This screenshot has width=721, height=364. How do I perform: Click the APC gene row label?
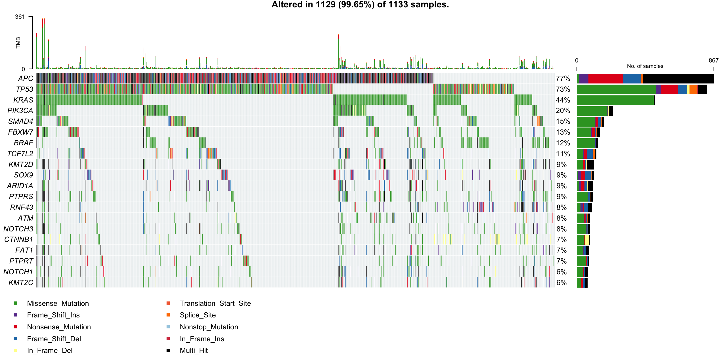pos(26,79)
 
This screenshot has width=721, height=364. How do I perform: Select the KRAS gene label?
pos(23,100)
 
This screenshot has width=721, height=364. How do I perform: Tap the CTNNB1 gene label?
pos(19,240)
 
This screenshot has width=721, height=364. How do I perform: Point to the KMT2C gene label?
pos(21,283)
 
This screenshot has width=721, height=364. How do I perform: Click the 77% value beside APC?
pos(563,79)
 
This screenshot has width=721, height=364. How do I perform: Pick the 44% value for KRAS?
pos(563,100)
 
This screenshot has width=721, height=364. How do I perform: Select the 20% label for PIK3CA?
pos(563,111)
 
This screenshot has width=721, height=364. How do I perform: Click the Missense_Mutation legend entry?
pos(58,304)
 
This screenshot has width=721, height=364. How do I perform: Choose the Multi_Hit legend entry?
pos(194,351)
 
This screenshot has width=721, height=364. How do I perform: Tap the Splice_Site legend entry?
pos(198,315)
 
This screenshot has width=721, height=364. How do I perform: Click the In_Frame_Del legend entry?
pos(50,351)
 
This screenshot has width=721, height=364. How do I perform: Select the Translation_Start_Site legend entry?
pos(215,304)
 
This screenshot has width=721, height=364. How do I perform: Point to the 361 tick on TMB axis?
pos(20,17)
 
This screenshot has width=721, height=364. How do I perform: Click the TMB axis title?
pos(18,43)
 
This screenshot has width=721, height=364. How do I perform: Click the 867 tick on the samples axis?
pos(713,60)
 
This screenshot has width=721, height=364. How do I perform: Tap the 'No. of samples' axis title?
pos(645,66)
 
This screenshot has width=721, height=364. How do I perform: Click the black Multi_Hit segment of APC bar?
pos(678,79)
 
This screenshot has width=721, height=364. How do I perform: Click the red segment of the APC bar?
pos(606,79)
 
